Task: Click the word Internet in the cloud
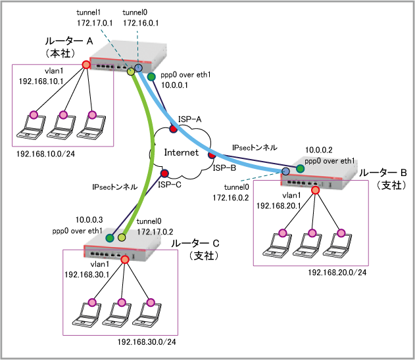tap(181, 152)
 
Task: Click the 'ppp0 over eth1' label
tap(330, 161)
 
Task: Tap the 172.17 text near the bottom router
tap(150, 232)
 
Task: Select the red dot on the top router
tap(85, 64)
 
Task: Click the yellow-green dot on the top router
tap(131, 71)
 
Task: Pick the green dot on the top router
tap(151, 77)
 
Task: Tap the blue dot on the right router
tap(285, 171)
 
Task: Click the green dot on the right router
tap(300, 169)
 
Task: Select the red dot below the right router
tap(315, 191)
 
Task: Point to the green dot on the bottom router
tap(110, 238)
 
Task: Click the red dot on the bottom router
tap(125, 259)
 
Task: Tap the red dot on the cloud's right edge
tap(212, 155)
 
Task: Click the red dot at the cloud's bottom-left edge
tap(164, 173)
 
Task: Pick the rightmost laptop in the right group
tap(338, 244)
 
